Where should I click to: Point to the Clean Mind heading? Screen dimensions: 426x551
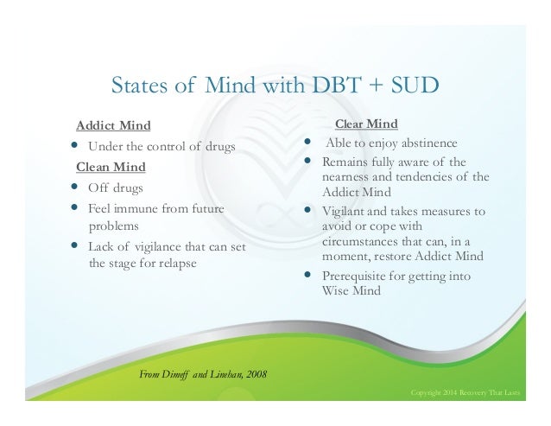click(x=111, y=166)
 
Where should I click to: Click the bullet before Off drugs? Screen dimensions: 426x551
click(x=75, y=187)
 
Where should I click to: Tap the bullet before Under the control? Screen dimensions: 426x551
click(x=75, y=145)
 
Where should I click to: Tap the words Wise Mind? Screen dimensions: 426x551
click(x=350, y=291)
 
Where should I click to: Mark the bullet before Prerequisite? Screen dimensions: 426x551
click(x=310, y=276)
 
